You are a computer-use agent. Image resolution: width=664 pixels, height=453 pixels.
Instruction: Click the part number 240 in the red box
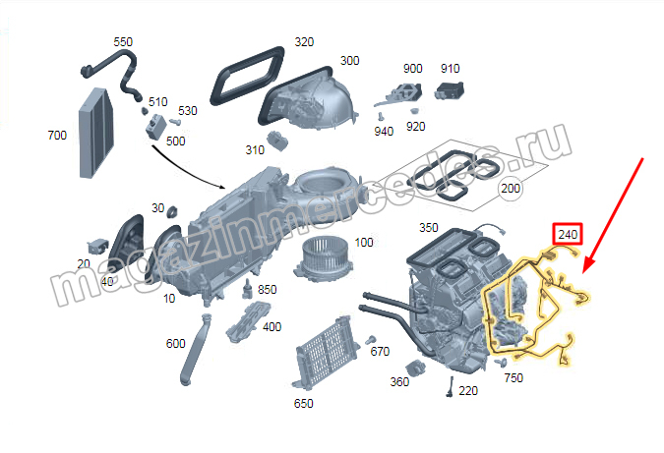coord(568,235)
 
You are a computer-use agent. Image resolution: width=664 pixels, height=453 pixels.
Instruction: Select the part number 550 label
coord(123,42)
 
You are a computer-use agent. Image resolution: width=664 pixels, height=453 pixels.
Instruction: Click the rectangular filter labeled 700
coord(97,132)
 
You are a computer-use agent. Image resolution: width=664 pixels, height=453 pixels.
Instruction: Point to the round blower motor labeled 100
coord(321,259)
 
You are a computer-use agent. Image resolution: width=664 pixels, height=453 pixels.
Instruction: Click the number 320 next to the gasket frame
coord(304,42)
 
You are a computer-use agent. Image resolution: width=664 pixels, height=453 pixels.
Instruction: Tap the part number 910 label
coord(450,69)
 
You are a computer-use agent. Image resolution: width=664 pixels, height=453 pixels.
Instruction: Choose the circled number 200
coord(511,188)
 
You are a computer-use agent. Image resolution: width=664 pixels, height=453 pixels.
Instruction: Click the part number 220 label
coord(468,391)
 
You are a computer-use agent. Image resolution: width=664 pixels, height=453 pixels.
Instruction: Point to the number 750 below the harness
coord(513,377)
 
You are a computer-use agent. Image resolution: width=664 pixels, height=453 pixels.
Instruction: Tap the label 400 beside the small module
coord(272,327)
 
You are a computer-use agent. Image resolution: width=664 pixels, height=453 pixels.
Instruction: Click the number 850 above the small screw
coord(266,291)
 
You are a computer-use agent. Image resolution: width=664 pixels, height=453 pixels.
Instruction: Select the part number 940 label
coord(384,131)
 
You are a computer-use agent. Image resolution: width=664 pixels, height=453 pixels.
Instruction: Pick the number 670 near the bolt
coord(380,352)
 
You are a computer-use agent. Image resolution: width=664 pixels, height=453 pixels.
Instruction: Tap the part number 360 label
coord(399,382)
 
